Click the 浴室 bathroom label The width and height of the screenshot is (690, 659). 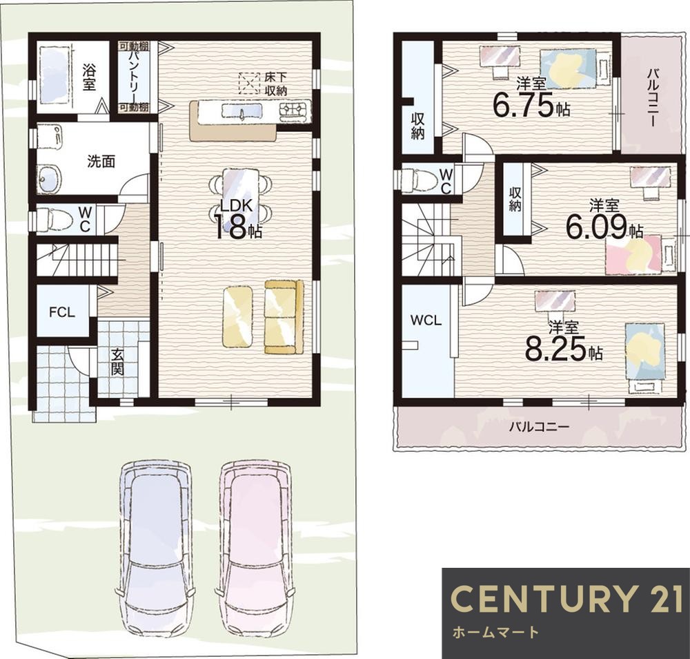[x=88, y=77]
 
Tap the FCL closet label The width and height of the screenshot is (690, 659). [x=62, y=312]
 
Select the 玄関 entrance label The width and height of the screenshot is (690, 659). [x=117, y=362]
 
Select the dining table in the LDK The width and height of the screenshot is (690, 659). [x=238, y=200]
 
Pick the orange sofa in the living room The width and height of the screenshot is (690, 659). [x=284, y=316]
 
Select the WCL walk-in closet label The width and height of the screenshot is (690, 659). [x=426, y=321]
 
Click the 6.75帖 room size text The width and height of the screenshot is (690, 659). [x=531, y=105]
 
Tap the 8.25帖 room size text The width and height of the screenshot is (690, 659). [x=563, y=347]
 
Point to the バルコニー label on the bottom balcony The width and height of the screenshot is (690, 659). [x=540, y=426]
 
